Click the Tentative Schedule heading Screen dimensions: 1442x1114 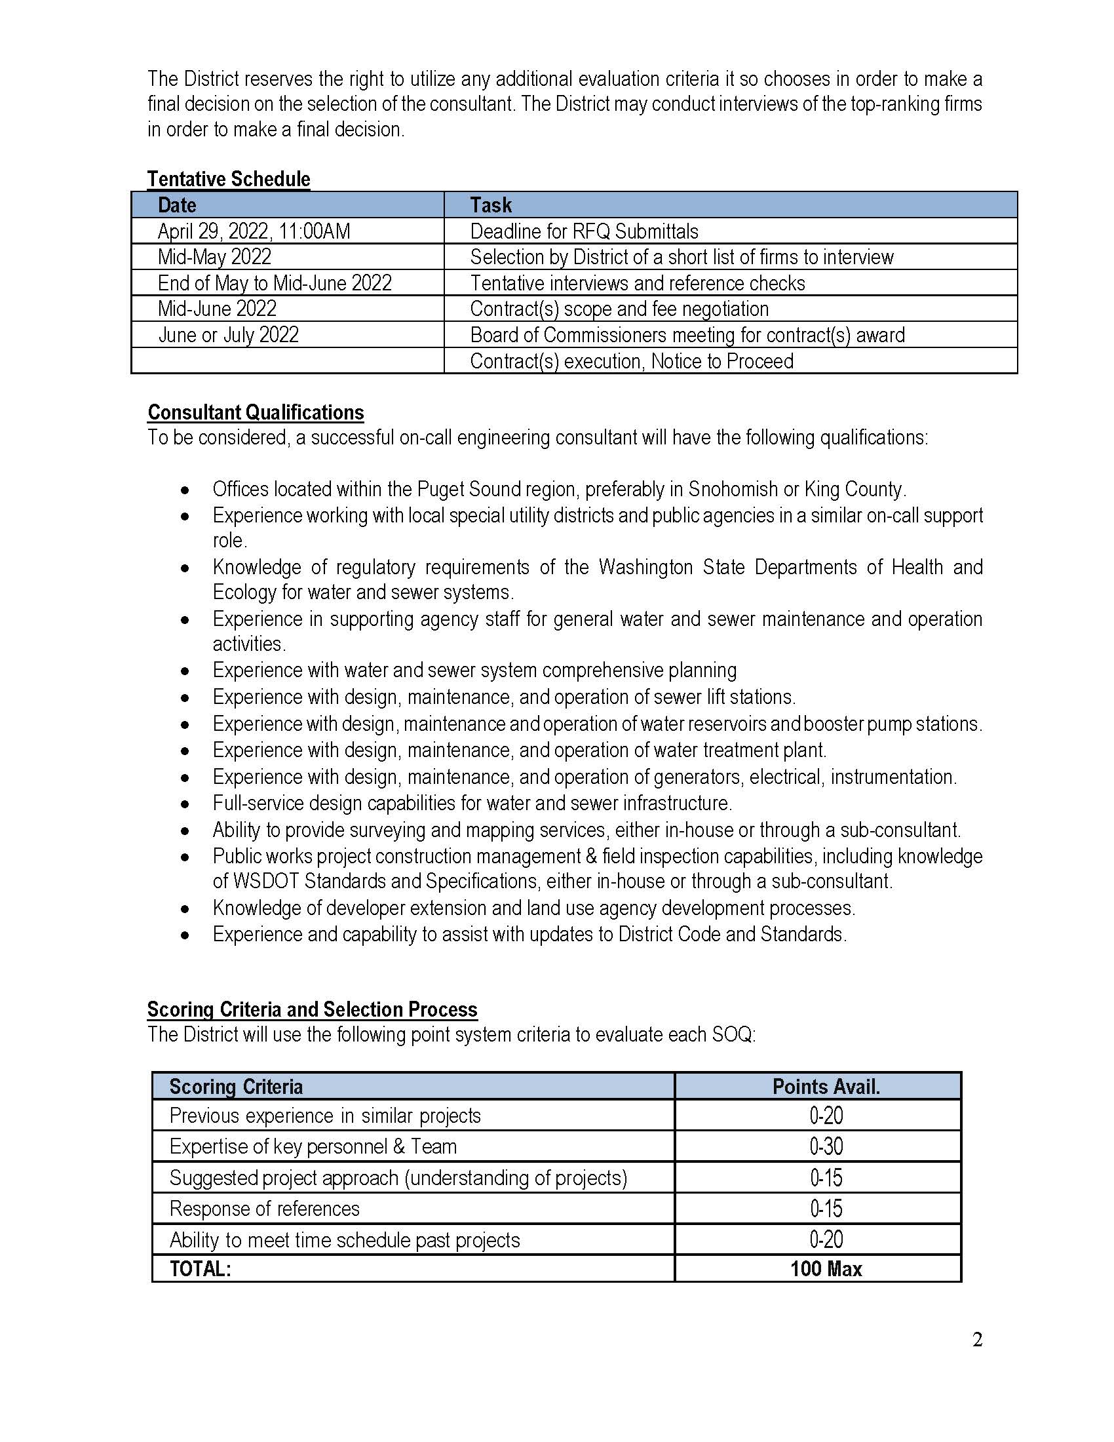[228, 179]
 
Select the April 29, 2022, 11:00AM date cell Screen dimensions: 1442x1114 [254, 231]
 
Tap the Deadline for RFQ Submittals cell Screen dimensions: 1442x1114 [584, 231]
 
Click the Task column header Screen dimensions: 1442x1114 [491, 205]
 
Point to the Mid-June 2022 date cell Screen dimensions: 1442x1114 [217, 308]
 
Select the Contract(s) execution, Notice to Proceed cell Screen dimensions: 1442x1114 [632, 361]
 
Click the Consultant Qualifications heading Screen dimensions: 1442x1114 [256, 412]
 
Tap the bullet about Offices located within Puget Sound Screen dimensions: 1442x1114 [559, 489]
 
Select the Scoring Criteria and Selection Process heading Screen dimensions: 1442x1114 [312, 1009]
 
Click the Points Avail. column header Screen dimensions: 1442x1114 [826, 1087]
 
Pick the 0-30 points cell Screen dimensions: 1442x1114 [826, 1146]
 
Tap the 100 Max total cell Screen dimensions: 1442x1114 [826, 1269]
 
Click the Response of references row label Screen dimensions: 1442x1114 [264, 1208]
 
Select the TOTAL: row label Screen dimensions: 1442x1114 [200, 1269]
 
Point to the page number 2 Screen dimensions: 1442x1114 [977, 1340]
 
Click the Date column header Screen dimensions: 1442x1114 [177, 205]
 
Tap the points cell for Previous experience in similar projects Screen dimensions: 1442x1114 [826, 1116]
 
